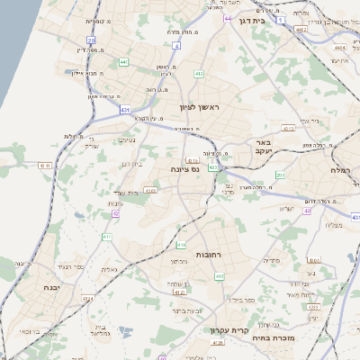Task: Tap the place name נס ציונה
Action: [x=184, y=168]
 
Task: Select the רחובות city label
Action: [x=208, y=256]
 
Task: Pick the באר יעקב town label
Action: [x=261, y=147]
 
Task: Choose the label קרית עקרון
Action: [x=229, y=330]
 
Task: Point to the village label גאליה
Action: [x=109, y=268]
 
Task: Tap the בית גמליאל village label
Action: [x=100, y=330]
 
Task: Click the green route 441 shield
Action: [x=123, y=61]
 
